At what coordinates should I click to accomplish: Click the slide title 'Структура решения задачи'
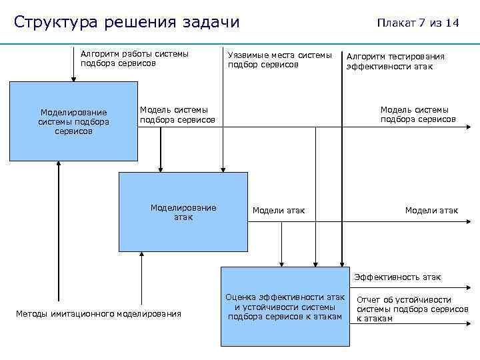pos(127,21)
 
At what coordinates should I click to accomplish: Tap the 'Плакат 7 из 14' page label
pos(417,23)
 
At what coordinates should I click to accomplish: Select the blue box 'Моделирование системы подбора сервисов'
pos(73,121)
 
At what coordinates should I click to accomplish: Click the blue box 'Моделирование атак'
pos(183,211)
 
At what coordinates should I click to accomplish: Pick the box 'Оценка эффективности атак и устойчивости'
pos(285,307)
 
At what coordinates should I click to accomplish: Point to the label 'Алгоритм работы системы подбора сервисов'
pos(134,59)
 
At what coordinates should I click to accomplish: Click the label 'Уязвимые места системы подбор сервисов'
pos(279,60)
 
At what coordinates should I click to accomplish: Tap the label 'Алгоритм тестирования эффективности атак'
pos(395,61)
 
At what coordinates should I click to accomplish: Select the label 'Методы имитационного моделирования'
pos(98,313)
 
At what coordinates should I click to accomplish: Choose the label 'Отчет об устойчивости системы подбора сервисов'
pos(412,309)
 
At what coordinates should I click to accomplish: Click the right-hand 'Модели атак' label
pos(431,211)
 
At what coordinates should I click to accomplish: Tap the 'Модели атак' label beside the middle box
pos(278,211)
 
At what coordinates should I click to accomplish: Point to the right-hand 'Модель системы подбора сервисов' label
pos(418,115)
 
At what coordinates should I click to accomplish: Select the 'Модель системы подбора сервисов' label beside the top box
pos(177,115)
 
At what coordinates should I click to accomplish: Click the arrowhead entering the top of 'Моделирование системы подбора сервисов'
pos(73,78)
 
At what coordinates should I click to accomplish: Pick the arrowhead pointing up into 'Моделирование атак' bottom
pos(141,254)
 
